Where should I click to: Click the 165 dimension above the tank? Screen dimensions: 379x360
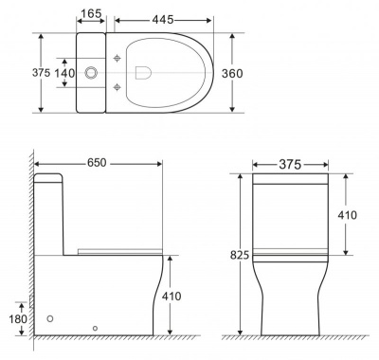(x=91, y=13)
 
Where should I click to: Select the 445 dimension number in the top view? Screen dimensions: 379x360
(x=163, y=20)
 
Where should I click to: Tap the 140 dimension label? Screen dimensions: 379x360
(x=65, y=73)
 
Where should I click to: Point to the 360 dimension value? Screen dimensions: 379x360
(x=232, y=74)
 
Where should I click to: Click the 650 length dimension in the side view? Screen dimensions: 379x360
(x=97, y=163)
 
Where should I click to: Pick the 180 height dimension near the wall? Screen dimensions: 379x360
(x=18, y=319)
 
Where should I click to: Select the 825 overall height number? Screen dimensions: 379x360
(x=240, y=255)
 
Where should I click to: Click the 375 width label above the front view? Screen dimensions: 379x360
(x=290, y=165)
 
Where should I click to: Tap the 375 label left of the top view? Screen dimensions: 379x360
(x=41, y=73)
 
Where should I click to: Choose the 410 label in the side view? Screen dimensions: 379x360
(x=171, y=297)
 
